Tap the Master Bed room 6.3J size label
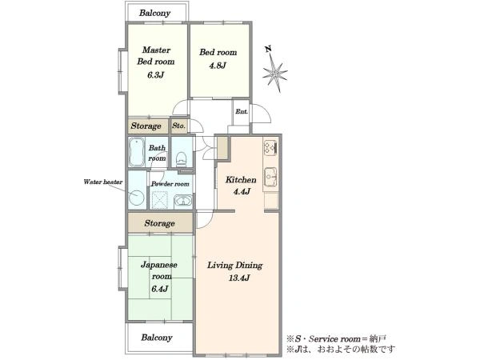(x=155, y=74)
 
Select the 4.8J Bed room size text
(x=218, y=66)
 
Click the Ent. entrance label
(x=242, y=112)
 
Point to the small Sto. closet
(x=178, y=126)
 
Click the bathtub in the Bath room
(x=137, y=152)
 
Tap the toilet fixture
(x=182, y=158)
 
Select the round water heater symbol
(x=136, y=198)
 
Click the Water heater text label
(x=103, y=182)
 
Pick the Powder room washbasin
(x=183, y=202)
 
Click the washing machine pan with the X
(x=160, y=200)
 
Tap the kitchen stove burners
(x=270, y=146)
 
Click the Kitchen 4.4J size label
(x=242, y=192)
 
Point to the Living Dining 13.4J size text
(x=239, y=278)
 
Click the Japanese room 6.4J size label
(x=159, y=289)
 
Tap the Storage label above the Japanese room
(x=159, y=223)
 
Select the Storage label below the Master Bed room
(x=146, y=126)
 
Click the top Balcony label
(x=154, y=13)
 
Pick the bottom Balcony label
(x=157, y=338)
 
